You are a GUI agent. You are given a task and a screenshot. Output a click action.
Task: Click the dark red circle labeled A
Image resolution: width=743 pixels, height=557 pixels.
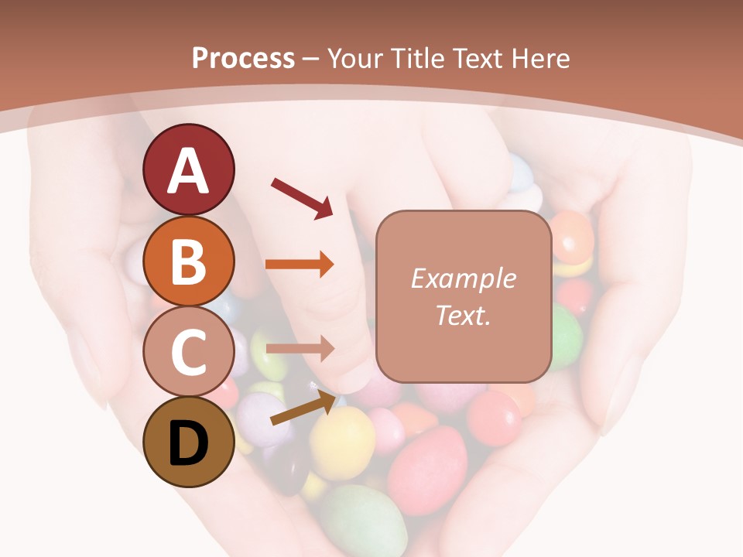click(188, 169)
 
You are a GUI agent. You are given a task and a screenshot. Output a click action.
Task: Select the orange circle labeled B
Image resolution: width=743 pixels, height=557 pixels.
click(188, 261)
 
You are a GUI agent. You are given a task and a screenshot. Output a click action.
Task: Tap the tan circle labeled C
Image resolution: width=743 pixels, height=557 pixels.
click(188, 351)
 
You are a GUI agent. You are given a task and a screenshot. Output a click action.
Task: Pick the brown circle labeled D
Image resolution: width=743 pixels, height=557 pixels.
click(188, 442)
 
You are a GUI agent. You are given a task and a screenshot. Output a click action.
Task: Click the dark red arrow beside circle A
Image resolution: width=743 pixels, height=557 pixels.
click(302, 197)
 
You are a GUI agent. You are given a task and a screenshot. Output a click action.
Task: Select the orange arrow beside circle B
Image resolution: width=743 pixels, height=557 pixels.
click(299, 265)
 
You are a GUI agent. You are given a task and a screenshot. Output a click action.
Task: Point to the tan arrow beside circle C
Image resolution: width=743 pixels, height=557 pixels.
click(299, 349)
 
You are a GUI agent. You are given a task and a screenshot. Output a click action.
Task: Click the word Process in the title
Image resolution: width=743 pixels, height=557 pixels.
click(243, 58)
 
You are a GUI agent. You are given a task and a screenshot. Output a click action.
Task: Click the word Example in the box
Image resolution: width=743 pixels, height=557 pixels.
click(463, 278)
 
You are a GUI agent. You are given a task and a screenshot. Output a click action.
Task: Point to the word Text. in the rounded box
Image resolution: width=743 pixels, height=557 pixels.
click(463, 315)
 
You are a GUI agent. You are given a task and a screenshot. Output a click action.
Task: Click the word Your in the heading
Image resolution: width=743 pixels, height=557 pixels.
click(354, 58)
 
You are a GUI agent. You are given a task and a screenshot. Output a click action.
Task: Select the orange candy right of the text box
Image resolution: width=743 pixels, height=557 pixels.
click(573, 236)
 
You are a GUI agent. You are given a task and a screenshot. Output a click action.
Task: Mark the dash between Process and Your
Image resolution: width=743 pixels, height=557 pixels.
click(311, 59)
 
